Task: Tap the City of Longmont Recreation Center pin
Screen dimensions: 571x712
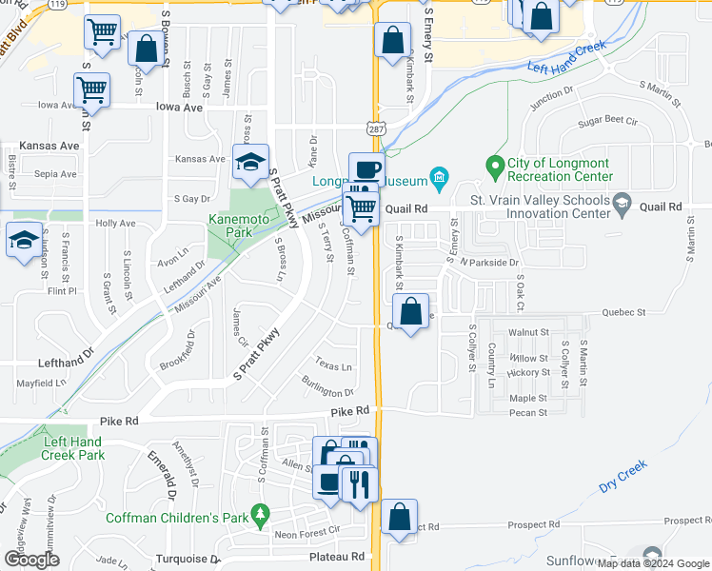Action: point(494,167)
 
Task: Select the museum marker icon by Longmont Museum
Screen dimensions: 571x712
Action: point(439,176)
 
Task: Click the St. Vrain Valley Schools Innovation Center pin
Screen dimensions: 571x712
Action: point(623,202)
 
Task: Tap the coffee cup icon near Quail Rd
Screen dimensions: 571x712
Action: point(366,169)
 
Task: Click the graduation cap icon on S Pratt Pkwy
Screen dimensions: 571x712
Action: point(250,162)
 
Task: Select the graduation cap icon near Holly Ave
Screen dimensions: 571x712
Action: point(24,240)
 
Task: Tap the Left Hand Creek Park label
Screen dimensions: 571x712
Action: point(72,448)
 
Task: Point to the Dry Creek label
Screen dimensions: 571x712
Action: point(623,477)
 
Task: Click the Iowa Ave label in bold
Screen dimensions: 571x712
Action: point(179,108)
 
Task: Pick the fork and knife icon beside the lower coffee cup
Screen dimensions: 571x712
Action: point(359,483)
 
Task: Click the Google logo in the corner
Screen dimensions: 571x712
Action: point(31,560)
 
